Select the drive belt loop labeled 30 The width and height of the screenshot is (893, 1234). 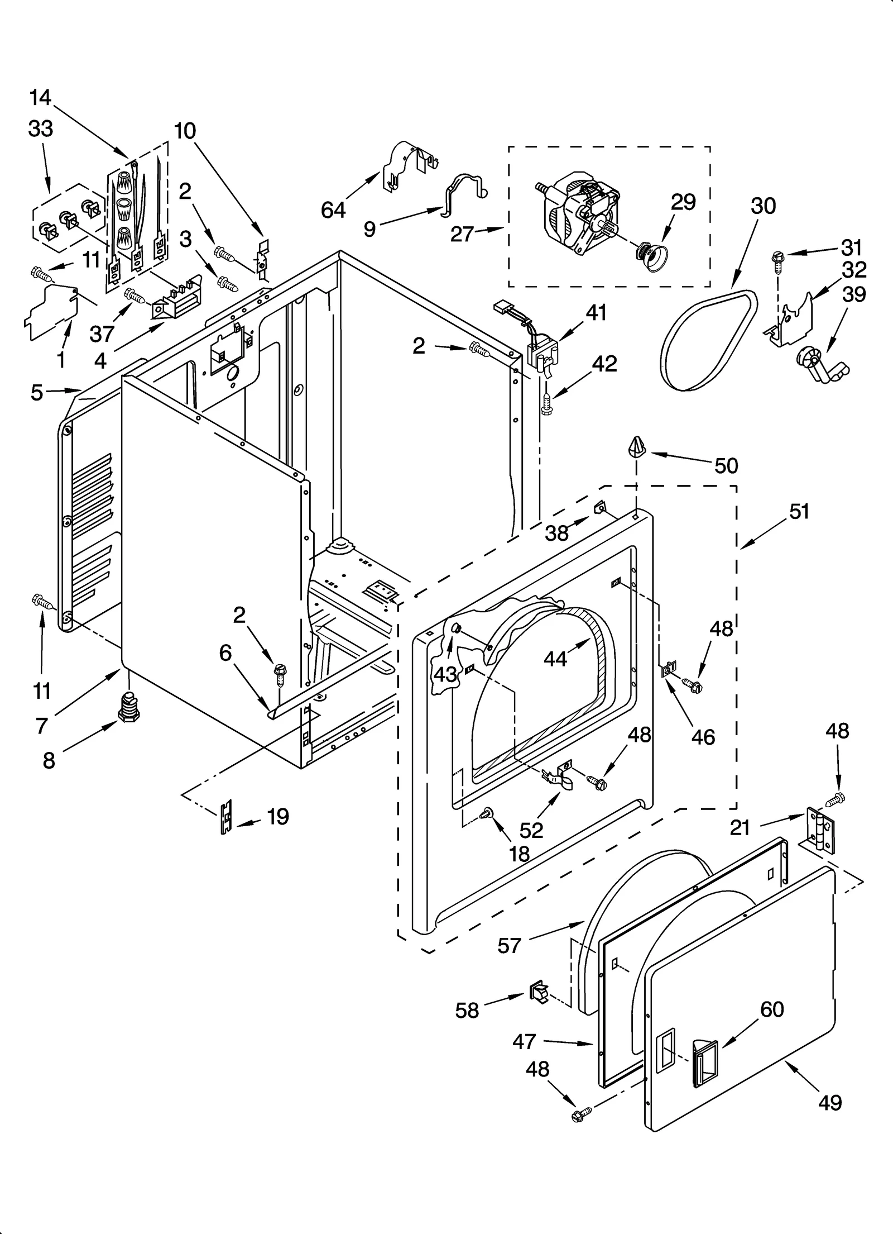(708, 341)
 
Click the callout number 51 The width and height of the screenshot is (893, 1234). (799, 511)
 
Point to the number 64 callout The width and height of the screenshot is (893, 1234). (333, 210)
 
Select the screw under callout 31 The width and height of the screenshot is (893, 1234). (776, 260)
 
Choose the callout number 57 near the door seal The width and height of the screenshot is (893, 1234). (509, 946)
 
